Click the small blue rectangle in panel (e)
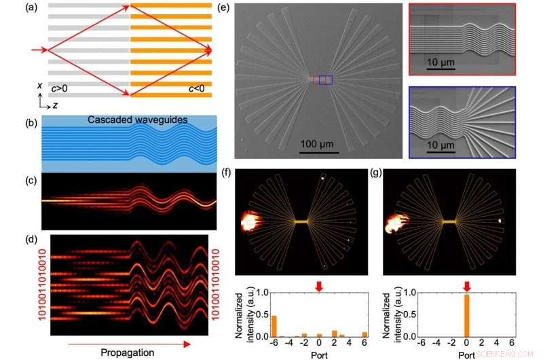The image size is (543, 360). point(325,80)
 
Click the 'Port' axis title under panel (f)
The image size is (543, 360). point(320,353)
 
